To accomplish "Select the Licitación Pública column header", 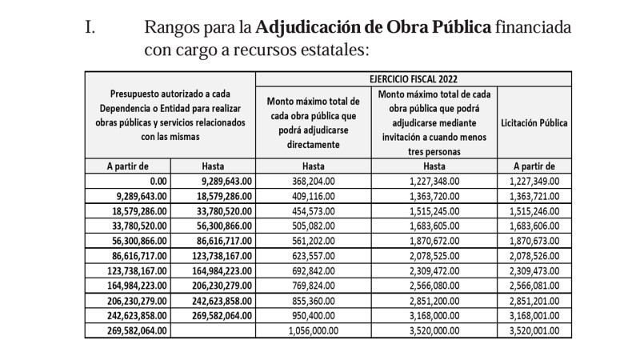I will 534,123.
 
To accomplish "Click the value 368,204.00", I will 315,181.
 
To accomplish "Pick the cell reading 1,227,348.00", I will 434,181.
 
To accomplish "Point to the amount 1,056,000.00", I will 312,330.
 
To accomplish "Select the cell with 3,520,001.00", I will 534,330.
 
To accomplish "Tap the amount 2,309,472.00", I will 434,271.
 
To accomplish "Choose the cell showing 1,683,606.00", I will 534,226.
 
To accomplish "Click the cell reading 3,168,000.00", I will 434,316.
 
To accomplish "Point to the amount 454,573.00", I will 315,211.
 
